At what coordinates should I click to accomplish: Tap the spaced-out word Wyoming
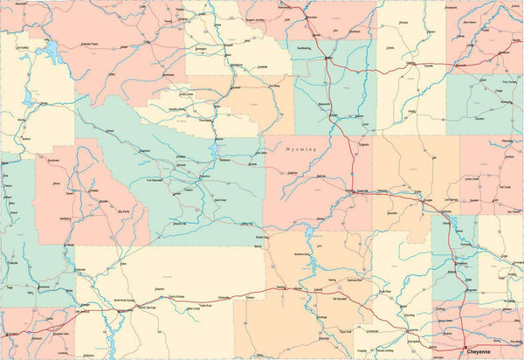click(x=303, y=150)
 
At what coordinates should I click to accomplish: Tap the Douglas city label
click(x=426, y=204)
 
